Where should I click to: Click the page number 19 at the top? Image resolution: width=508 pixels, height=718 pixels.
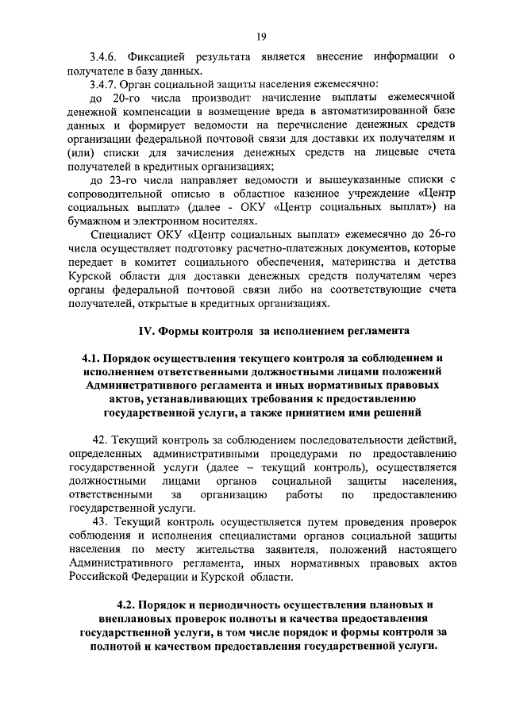tap(260, 36)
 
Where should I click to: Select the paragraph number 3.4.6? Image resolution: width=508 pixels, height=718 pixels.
tap(104, 56)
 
